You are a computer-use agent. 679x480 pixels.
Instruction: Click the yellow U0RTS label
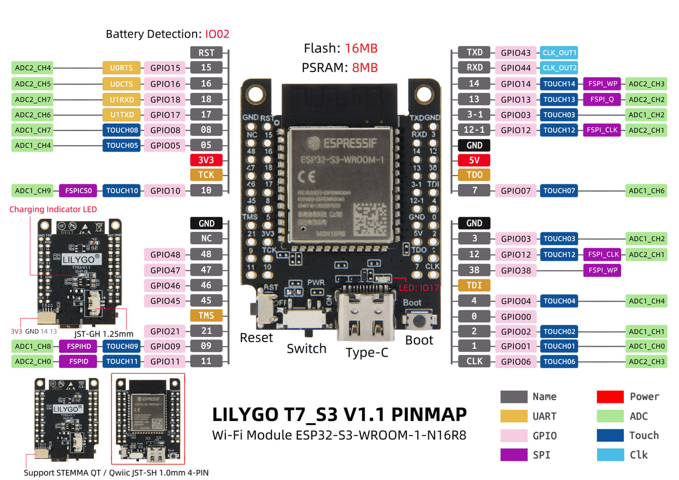(121, 68)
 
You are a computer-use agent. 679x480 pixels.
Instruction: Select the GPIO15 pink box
(164, 68)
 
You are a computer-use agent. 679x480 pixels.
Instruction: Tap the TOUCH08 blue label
(122, 130)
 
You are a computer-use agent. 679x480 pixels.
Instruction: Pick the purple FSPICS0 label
(78, 191)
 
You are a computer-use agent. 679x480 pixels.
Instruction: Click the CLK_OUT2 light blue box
(559, 68)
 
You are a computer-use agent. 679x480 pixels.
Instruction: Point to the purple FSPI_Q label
(602, 100)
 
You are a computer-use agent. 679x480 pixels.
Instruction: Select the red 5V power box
(474, 160)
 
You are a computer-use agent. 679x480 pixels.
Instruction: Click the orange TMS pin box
(206, 316)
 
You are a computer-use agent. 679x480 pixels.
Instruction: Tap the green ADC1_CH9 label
(33, 191)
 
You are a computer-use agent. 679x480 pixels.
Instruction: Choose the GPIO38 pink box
(516, 271)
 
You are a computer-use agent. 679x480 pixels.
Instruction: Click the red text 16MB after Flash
(361, 48)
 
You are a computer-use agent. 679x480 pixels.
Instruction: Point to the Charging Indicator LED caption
(53, 209)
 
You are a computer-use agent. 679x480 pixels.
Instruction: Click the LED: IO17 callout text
(418, 288)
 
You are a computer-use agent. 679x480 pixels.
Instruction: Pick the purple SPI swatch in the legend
(513, 455)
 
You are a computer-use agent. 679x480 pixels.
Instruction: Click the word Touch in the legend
(644, 436)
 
